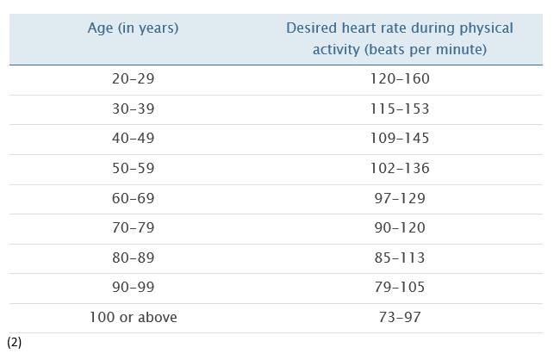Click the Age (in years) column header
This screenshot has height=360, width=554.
(x=133, y=28)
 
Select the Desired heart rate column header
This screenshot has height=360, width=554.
(x=399, y=39)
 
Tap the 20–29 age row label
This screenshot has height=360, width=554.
(x=133, y=79)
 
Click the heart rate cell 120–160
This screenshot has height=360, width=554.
(x=400, y=79)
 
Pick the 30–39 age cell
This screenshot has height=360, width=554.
(x=133, y=109)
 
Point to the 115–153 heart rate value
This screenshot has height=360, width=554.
(x=400, y=109)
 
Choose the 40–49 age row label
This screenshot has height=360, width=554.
(x=133, y=139)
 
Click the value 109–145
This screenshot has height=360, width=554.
(x=400, y=139)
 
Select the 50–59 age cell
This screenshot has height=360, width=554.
(x=133, y=169)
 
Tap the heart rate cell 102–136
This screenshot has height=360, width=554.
(x=400, y=169)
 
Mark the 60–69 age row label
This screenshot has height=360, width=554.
(x=133, y=199)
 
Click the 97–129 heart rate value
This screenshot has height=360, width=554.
(x=400, y=199)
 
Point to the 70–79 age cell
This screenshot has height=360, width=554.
(x=133, y=228)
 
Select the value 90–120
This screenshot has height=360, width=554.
(x=400, y=228)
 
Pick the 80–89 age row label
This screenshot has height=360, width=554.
(x=133, y=258)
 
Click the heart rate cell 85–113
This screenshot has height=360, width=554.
(x=400, y=258)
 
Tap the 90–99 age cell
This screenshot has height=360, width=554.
(x=133, y=288)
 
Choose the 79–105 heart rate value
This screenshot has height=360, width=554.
(x=400, y=288)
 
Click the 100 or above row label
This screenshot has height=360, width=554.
(x=133, y=318)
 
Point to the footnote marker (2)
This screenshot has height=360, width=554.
(x=14, y=343)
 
